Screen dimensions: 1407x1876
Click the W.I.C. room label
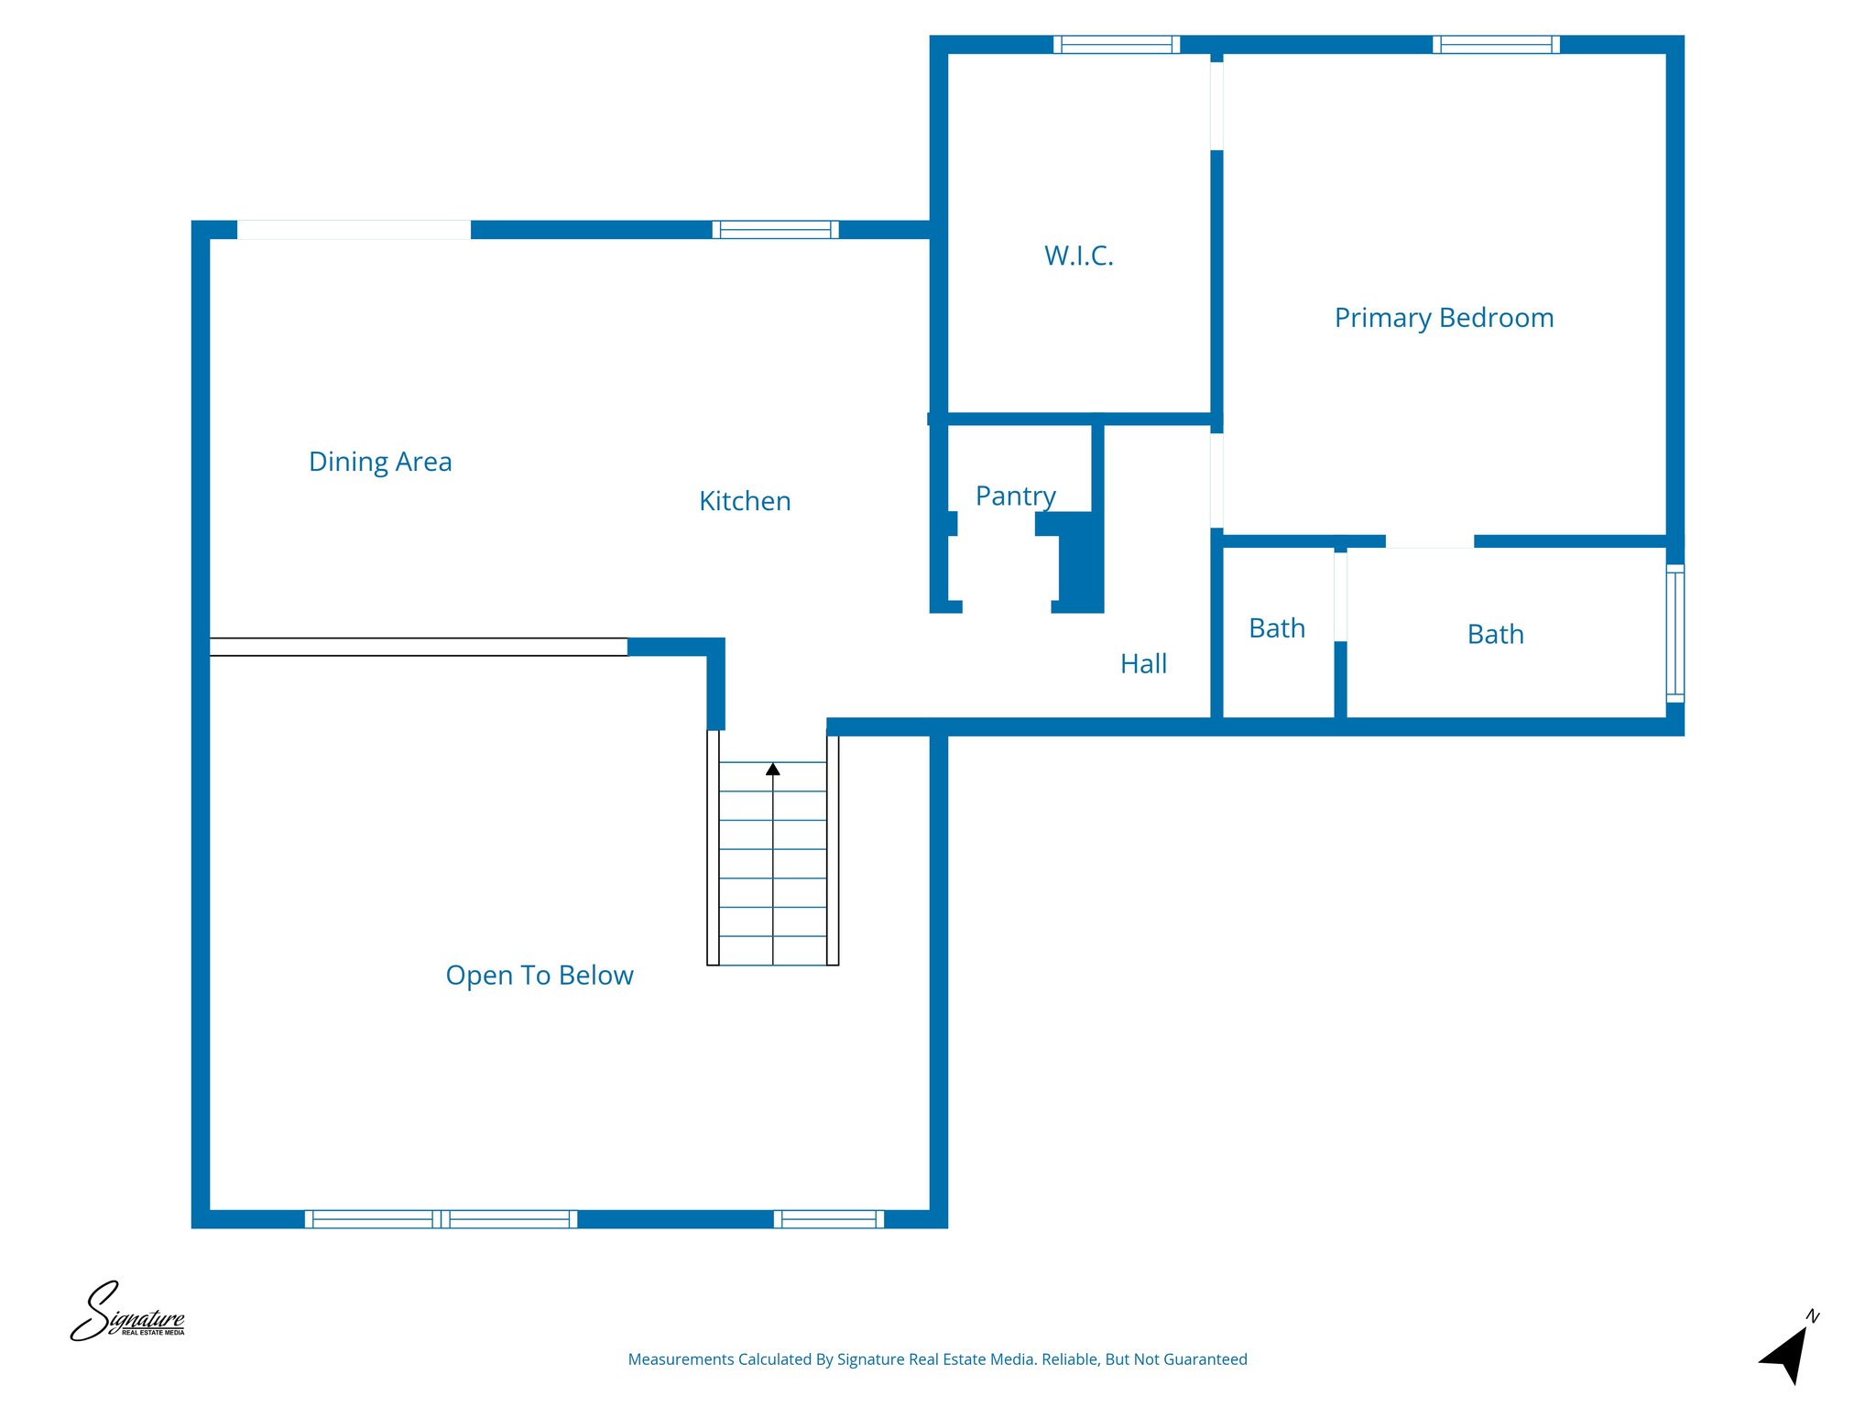[1078, 256]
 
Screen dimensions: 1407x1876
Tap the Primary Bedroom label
[1444, 318]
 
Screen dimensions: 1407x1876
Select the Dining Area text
[380, 462]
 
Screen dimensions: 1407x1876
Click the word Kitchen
[745, 501]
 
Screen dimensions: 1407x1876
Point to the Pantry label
[1015, 496]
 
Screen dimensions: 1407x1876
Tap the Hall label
[1143, 664]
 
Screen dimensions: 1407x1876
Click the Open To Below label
[540, 976]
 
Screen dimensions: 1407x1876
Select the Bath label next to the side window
[1495, 634]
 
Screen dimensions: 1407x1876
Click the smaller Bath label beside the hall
[1276, 628]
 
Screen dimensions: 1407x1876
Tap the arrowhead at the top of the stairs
[773, 769]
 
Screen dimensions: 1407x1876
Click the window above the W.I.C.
[1116, 44]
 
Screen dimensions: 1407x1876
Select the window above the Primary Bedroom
[1496, 44]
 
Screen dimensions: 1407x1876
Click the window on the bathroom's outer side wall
[1674, 634]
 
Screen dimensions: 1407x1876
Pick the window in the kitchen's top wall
[775, 229]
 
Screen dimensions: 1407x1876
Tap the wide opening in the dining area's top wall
[354, 229]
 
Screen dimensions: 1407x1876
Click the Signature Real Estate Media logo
[128, 1313]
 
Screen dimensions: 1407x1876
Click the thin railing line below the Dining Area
[418, 647]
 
